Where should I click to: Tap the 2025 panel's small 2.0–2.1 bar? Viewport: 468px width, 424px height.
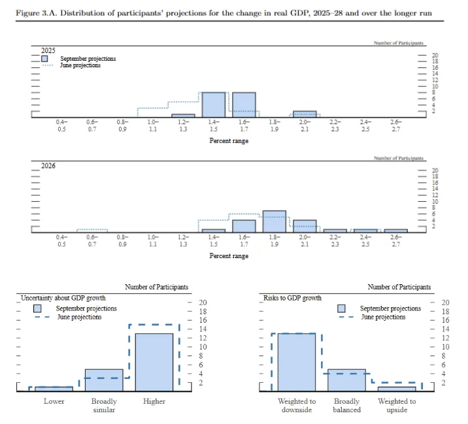[x=305, y=114]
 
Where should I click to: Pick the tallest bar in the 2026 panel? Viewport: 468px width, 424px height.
[x=275, y=221]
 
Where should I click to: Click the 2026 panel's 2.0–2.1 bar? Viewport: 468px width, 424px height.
[x=305, y=226]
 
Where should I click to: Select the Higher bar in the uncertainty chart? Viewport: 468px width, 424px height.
[x=154, y=362]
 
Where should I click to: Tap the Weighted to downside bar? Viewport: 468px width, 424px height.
[x=297, y=362]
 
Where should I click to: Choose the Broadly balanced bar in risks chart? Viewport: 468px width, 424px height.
[x=346, y=380]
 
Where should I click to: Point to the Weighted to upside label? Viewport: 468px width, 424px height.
[x=397, y=405]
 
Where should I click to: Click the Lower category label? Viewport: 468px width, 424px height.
[x=54, y=401]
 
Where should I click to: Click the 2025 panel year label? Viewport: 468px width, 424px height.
[x=48, y=50]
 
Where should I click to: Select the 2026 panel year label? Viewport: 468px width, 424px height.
[x=48, y=165]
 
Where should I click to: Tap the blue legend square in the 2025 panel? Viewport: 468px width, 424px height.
[x=45, y=58]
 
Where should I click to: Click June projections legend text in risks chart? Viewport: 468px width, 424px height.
[x=383, y=317]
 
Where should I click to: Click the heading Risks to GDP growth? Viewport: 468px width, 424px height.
[x=292, y=298]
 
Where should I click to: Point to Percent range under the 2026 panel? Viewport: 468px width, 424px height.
[x=229, y=256]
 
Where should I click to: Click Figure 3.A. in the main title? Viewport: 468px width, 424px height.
[x=34, y=13]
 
